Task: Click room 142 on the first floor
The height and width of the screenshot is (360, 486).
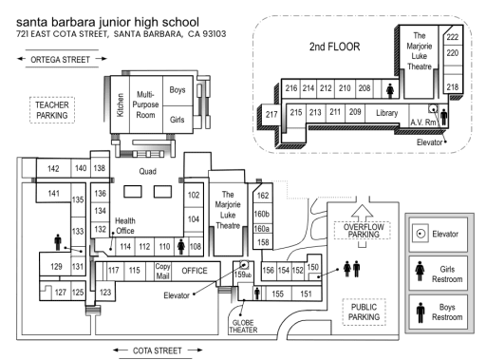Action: (x=53, y=168)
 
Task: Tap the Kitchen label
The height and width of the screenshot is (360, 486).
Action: (x=121, y=104)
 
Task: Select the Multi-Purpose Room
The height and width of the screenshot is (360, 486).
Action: (x=145, y=104)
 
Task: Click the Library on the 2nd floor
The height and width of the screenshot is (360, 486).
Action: (x=386, y=113)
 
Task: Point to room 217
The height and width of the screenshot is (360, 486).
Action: (x=271, y=114)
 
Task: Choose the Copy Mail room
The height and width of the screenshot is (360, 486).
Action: (x=162, y=271)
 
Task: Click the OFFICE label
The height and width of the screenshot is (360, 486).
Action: (x=195, y=271)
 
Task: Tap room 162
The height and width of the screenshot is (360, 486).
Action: (x=263, y=196)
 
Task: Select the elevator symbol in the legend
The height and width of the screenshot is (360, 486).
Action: (x=421, y=234)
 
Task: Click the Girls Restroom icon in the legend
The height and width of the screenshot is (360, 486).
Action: (x=420, y=271)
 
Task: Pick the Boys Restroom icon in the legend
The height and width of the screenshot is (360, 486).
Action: (x=421, y=313)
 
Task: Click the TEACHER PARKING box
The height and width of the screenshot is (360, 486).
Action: (x=52, y=110)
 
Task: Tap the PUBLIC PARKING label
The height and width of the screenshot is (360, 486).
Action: (x=364, y=312)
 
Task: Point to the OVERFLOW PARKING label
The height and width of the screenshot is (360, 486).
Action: (x=364, y=231)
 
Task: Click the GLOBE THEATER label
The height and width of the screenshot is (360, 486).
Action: (x=243, y=327)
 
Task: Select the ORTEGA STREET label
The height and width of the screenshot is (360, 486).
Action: (x=60, y=60)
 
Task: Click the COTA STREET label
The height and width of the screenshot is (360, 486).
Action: (x=158, y=351)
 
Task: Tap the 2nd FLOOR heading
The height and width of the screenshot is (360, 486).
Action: (x=334, y=47)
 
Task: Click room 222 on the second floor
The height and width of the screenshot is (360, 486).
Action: (x=453, y=37)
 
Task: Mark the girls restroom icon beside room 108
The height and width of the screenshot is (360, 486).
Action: (x=181, y=247)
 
